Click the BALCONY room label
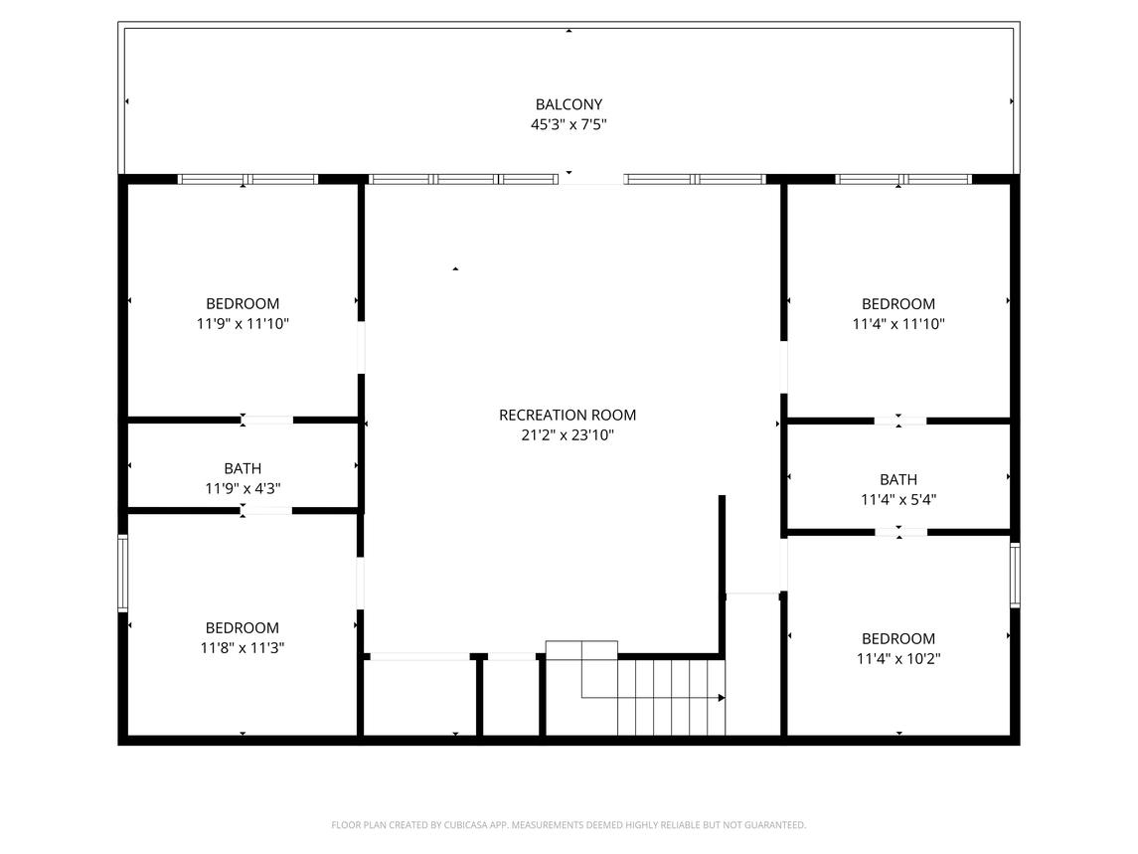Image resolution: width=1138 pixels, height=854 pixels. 569,104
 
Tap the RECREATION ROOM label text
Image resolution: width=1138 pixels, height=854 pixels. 568,416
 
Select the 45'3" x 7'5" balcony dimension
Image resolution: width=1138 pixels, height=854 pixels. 569,124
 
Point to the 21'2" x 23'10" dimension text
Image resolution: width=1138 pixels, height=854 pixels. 568,435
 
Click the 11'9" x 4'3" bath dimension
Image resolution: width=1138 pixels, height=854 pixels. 243,489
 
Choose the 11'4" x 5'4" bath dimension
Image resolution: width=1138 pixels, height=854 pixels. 898,500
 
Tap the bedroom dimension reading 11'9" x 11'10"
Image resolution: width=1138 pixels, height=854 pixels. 243,324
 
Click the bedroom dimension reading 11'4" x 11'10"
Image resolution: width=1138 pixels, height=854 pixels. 898,324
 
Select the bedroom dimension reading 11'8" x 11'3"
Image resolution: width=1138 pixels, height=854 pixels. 243,648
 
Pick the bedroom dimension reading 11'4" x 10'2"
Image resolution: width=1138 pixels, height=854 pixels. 898,659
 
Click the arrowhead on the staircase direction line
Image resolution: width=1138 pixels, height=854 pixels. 722,698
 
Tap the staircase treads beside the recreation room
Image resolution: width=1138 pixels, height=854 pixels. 671,698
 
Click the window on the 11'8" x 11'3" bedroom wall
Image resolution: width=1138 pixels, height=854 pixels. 122,573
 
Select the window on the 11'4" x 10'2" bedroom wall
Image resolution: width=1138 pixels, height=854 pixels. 1015,576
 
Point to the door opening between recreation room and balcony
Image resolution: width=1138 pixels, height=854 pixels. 590,180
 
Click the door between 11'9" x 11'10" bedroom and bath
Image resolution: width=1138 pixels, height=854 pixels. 267,420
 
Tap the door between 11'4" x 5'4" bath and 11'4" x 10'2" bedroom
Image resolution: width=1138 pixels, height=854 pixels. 900,532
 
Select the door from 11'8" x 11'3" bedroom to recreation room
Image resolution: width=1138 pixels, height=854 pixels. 361,584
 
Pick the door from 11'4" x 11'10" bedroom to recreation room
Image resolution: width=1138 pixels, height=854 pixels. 784,368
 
